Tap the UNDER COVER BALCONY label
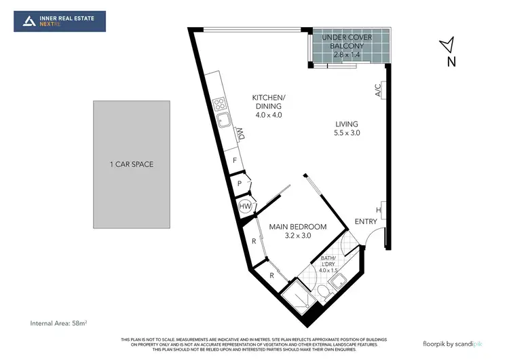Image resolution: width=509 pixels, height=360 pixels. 347,41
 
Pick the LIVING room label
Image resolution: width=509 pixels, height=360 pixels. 346,124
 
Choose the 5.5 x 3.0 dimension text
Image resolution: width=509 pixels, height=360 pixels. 346,133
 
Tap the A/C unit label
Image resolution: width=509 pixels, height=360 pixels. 378,89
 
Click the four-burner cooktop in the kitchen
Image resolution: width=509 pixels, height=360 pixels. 220,105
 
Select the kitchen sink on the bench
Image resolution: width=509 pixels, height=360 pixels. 223,122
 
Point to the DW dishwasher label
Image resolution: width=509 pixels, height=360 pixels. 240,134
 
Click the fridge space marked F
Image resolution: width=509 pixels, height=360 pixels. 235,160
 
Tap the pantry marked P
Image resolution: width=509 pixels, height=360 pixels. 240,184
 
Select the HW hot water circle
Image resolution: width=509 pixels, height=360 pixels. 245,206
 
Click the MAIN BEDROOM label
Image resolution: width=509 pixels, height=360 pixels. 298,226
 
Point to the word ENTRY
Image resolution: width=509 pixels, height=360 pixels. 366,222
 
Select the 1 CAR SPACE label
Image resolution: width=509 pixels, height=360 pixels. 131,164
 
